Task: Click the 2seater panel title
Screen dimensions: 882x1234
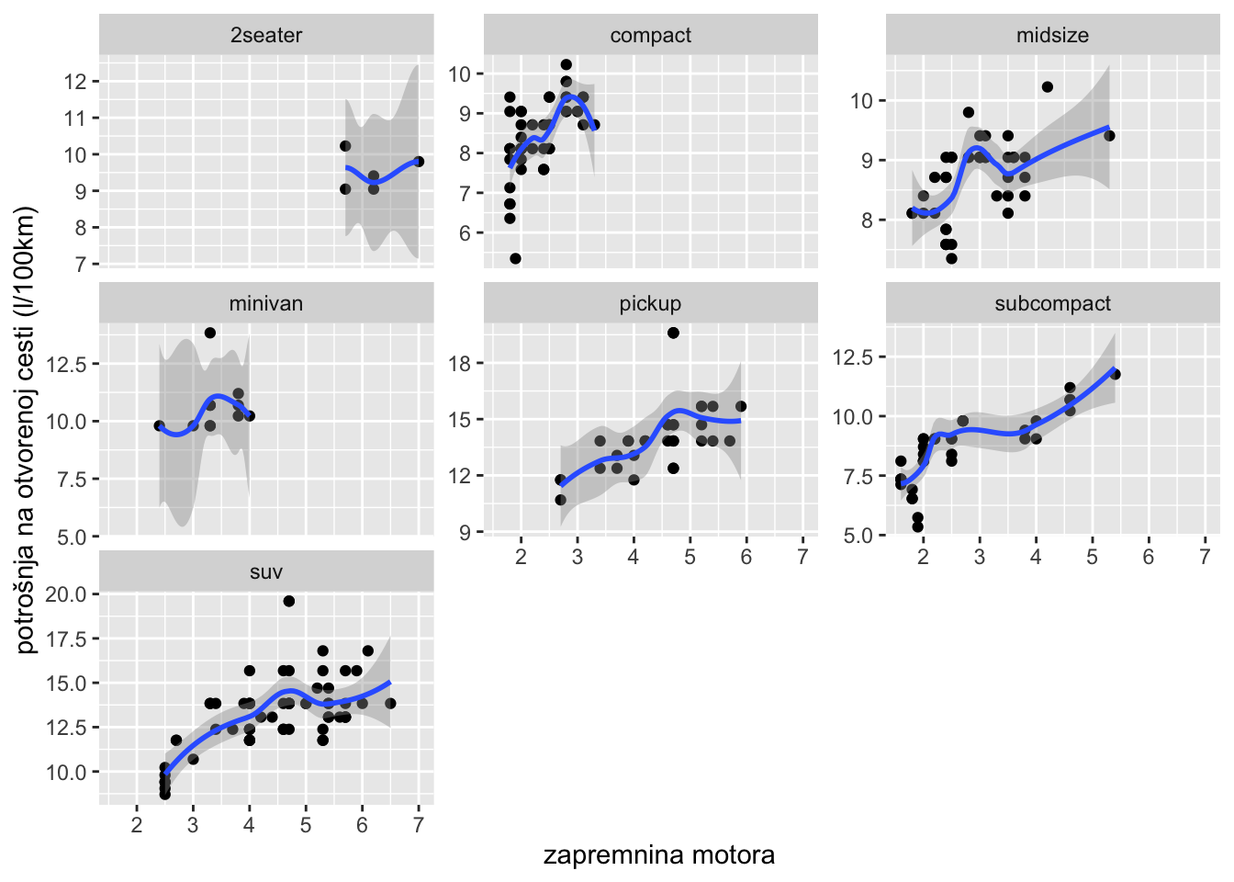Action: (x=266, y=36)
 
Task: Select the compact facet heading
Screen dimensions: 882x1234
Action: (x=650, y=36)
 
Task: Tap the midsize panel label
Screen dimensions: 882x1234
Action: (x=1052, y=36)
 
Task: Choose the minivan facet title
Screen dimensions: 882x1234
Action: (x=266, y=304)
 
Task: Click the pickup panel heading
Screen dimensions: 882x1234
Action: (x=650, y=304)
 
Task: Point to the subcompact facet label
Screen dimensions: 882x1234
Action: (x=1052, y=304)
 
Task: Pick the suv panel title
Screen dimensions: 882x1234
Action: (x=266, y=572)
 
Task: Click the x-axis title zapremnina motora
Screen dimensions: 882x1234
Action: (x=658, y=855)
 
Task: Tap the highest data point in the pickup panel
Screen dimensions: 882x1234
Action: (x=673, y=333)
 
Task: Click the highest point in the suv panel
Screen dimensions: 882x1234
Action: (x=289, y=601)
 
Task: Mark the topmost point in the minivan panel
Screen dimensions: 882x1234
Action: (x=210, y=333)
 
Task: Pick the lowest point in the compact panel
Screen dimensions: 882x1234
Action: (x=515, y=259)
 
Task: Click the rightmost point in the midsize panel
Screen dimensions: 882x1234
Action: (x=1109, y=136)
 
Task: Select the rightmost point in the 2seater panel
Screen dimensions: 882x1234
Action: (x=419, y=162)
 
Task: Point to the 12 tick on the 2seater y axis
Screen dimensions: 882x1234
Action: (x=74, y=82)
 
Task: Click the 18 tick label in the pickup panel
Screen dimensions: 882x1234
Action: (x=459, y=364)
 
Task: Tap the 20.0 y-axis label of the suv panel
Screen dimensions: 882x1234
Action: (x=66, y=594)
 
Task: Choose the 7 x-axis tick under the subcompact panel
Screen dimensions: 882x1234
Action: (x=1204, y=557)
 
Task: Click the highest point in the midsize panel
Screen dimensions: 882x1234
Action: (x=1048, y=87)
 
